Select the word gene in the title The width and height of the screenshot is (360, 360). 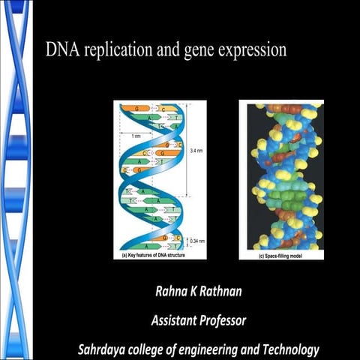(199, 52)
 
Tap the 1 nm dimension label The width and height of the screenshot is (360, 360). (136, 136)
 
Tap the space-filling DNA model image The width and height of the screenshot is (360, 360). (281, 176)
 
